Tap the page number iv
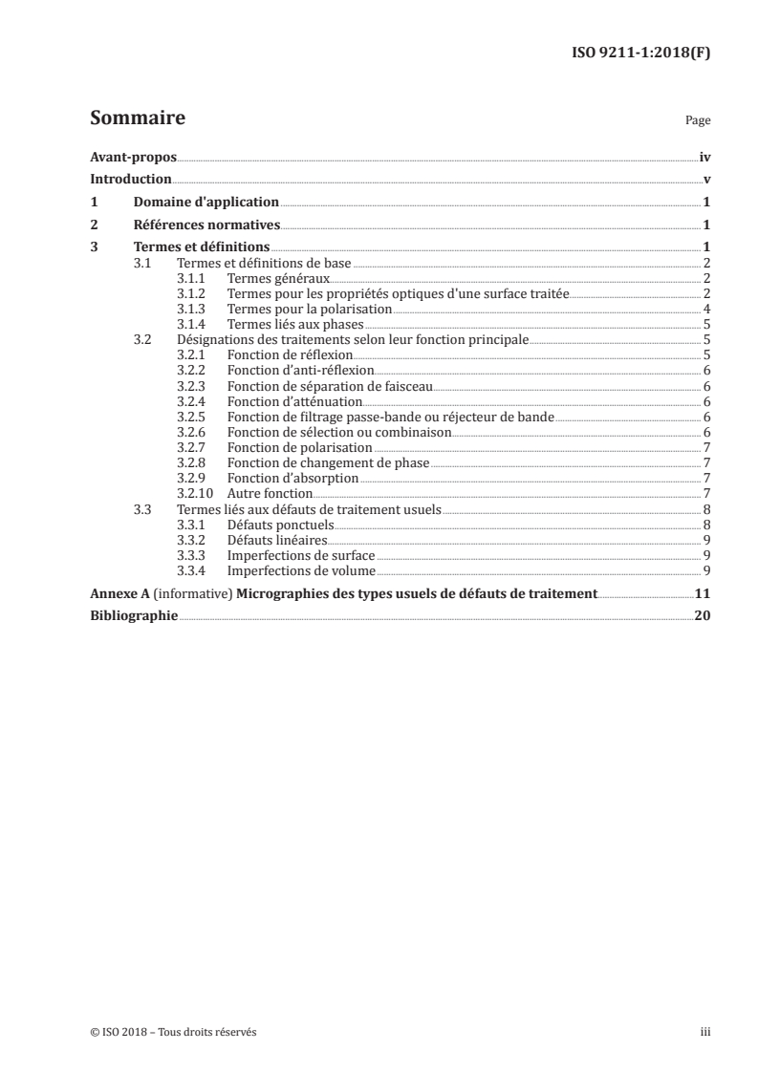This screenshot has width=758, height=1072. (704, 158)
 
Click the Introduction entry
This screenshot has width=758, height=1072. (131, 180)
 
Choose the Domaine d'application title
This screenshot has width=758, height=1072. (206, 203)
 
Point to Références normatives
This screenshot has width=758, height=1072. (206, 225)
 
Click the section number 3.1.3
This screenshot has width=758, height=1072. (193, 309)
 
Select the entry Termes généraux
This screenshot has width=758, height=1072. (278, 278)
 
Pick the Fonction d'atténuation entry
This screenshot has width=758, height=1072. (294, 401)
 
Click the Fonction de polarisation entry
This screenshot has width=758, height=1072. (299, 447)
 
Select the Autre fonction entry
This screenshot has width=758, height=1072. (271, 493)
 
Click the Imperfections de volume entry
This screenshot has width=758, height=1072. (301, 570)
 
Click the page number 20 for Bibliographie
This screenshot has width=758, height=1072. (703, 616)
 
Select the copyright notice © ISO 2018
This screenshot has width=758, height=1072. (173, 1032)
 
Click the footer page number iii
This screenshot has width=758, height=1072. (705, 1032)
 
